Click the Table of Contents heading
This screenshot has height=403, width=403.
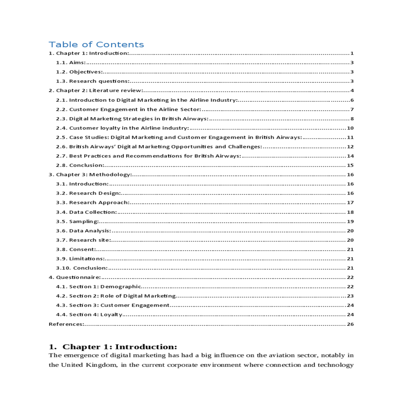click(96, 45)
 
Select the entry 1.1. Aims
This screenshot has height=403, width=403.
click(71, 62)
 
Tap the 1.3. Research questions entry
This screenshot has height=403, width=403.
click(93, 81)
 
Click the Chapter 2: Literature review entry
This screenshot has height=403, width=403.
click(96, 91)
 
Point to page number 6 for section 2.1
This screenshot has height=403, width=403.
click(352, 100)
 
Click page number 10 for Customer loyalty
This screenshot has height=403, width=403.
click(350, 128)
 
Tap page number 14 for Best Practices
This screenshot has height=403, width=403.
click(350, 156)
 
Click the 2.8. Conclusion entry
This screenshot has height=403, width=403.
click(80, 165)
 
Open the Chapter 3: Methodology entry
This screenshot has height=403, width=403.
click(90, 175)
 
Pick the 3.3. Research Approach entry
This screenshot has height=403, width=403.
click(93, 203)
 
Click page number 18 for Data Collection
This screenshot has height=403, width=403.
click(350, 212)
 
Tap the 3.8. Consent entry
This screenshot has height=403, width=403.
click(76, 250)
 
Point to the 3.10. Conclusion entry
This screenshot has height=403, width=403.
click(82, 268)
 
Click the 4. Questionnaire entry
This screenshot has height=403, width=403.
click(75, 277)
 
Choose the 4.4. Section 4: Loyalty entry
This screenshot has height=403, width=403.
click(89, 315)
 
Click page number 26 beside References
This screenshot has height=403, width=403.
click(350, 324)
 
